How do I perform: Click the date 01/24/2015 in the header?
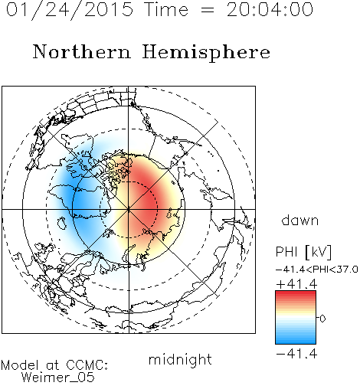70,10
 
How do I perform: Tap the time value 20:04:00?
270,10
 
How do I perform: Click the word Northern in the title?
82,52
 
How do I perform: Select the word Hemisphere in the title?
206,53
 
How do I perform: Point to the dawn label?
300,220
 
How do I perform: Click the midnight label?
180,359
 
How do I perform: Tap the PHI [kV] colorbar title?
303,252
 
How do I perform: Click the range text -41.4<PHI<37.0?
316,270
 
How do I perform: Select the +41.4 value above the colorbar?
296,284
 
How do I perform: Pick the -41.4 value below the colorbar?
296,354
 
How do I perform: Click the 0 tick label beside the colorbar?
322,319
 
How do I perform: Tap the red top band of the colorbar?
296,295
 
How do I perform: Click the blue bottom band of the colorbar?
296,340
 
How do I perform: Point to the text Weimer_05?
58,378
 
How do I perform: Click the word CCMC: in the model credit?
87,365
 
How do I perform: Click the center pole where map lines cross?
129,209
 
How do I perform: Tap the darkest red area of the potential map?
148,201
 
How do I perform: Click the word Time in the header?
166,10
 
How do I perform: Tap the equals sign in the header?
208,11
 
